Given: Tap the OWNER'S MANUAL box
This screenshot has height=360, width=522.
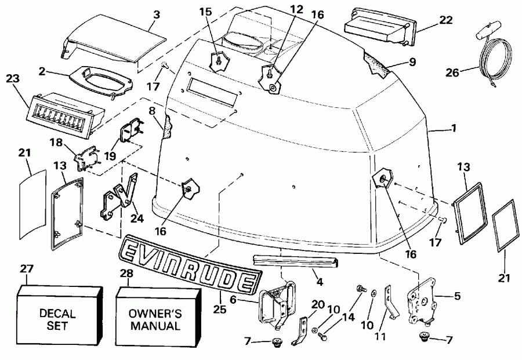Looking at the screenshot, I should pos(154,319).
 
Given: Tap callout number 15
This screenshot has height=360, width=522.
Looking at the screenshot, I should pos(223,10).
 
